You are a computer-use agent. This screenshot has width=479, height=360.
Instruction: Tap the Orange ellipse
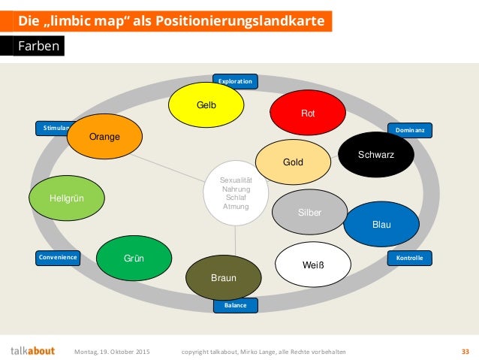point(104,137)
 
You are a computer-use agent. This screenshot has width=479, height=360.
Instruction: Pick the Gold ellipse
point(292,162)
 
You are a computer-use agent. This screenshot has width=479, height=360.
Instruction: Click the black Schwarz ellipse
point(375,154)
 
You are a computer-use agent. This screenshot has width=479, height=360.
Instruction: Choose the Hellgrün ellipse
point(66,198)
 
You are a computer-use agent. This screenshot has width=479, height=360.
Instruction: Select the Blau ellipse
point(381,224)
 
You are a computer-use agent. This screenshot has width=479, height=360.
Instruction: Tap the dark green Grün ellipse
point(134,259)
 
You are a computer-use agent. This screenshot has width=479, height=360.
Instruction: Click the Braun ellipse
point(223,277)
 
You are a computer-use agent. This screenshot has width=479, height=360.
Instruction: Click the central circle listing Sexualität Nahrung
point(236,192)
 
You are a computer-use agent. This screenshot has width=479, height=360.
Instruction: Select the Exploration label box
point(235,80)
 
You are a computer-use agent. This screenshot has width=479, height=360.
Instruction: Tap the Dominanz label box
point(409,130)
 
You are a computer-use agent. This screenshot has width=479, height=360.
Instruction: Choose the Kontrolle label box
point(409,258)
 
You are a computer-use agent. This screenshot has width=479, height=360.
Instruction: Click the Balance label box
point(235,305)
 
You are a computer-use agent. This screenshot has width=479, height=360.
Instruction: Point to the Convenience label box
point(59,258)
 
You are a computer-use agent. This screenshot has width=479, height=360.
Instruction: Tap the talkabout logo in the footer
point(32,350)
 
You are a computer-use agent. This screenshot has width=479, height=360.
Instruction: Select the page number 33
point(465,351)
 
